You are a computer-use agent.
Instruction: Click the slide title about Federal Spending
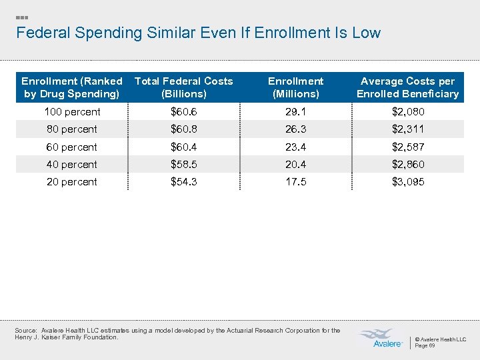click(x=198, y=33)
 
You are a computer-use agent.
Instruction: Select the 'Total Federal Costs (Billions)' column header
click(x=184, y=87)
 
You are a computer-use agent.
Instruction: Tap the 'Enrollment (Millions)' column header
click(x=295, y=87)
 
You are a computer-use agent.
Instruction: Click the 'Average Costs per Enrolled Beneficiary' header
click(x=407, y=87)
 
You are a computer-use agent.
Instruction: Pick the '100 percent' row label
click(x=73, y=112)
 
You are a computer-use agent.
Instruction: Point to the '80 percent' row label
click(x=72, y=129)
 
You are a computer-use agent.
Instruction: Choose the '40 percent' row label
click(x=72, y=165)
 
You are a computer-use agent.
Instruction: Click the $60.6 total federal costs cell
click(x=184, y=112)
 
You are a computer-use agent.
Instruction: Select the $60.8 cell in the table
click(x=184, y=129)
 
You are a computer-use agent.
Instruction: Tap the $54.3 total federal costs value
click(x=184, y=182)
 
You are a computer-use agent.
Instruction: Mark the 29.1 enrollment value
click(x=295, y=112)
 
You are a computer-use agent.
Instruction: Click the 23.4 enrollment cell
click(x=295, y=147)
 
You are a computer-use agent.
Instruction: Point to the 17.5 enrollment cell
click(x=295, y=182)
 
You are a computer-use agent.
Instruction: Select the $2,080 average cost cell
click(x=407, y=112)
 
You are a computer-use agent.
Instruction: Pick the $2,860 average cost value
click(x=407, y=165)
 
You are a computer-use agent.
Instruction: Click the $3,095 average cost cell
click(x=407, y=182)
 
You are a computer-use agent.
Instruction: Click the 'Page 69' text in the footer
click(x=425, y=346)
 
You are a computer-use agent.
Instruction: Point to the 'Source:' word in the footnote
click(x=25, y=331)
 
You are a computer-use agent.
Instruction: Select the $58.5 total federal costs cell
click(x=184, y=165)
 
